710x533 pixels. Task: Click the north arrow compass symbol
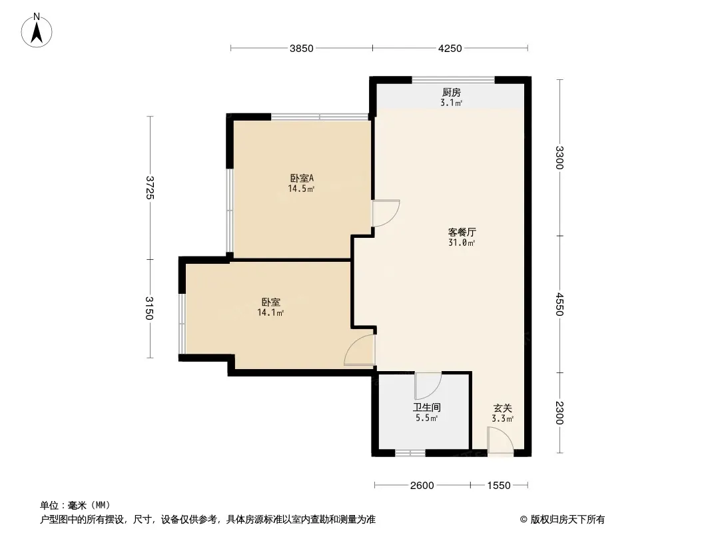(37, 31)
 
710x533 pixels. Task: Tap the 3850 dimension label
(302, 49)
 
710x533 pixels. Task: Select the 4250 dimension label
(450, 49)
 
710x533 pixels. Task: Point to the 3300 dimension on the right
(560, 158)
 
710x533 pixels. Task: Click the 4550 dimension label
(560, 304)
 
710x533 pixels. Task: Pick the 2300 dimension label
(560, 413)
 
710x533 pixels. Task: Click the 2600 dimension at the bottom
(422, 486)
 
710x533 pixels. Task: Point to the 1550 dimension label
(499, 486)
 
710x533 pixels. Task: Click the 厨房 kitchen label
(452, 93)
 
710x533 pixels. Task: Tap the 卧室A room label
(302, 178)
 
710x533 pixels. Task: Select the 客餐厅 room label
(462, 233)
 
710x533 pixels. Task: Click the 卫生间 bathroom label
(426, 408)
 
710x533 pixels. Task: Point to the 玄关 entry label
(503, 408)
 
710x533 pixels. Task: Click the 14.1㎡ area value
(270, 312)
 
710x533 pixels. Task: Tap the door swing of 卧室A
(386, 213)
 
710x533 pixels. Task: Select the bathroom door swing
(428, 386)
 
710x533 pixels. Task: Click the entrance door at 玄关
(500, 441)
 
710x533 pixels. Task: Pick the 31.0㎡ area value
(462, 243)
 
